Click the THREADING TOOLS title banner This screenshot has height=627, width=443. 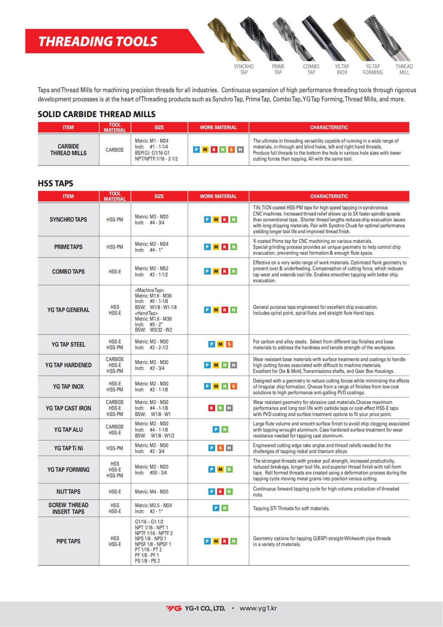click(x=98, y=41)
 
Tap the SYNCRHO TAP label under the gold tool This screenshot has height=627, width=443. click(x=244, y=69)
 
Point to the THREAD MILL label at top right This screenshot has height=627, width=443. click(x=404, y=69)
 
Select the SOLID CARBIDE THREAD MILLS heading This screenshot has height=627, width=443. click(x=96, y=114)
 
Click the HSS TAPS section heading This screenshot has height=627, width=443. click(x=55, y=183)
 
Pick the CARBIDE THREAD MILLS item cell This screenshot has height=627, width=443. click(x=68, y=150)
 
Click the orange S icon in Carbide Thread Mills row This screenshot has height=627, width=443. click(x=231, y=150)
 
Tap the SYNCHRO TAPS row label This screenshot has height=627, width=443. click(x=68, y=219)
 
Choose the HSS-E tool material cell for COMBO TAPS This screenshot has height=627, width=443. click(x=115, y=272)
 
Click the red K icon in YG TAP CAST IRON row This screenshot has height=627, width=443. click(x=212, y=408)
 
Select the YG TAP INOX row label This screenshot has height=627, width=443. click(x=68, y=386)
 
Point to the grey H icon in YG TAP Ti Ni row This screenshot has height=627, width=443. click(x=229, y=448)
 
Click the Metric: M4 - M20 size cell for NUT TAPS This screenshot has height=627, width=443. click(x=152, y=492)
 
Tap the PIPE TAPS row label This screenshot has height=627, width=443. click(x=68, y=541)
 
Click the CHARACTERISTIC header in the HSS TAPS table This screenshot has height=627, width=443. click(x=329, y=196)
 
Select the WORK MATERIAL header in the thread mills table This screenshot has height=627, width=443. click(x=218, y=127)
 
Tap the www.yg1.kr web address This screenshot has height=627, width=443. click(x=258, y=608)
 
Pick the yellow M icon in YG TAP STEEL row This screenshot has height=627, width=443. click(x=220, y=344)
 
